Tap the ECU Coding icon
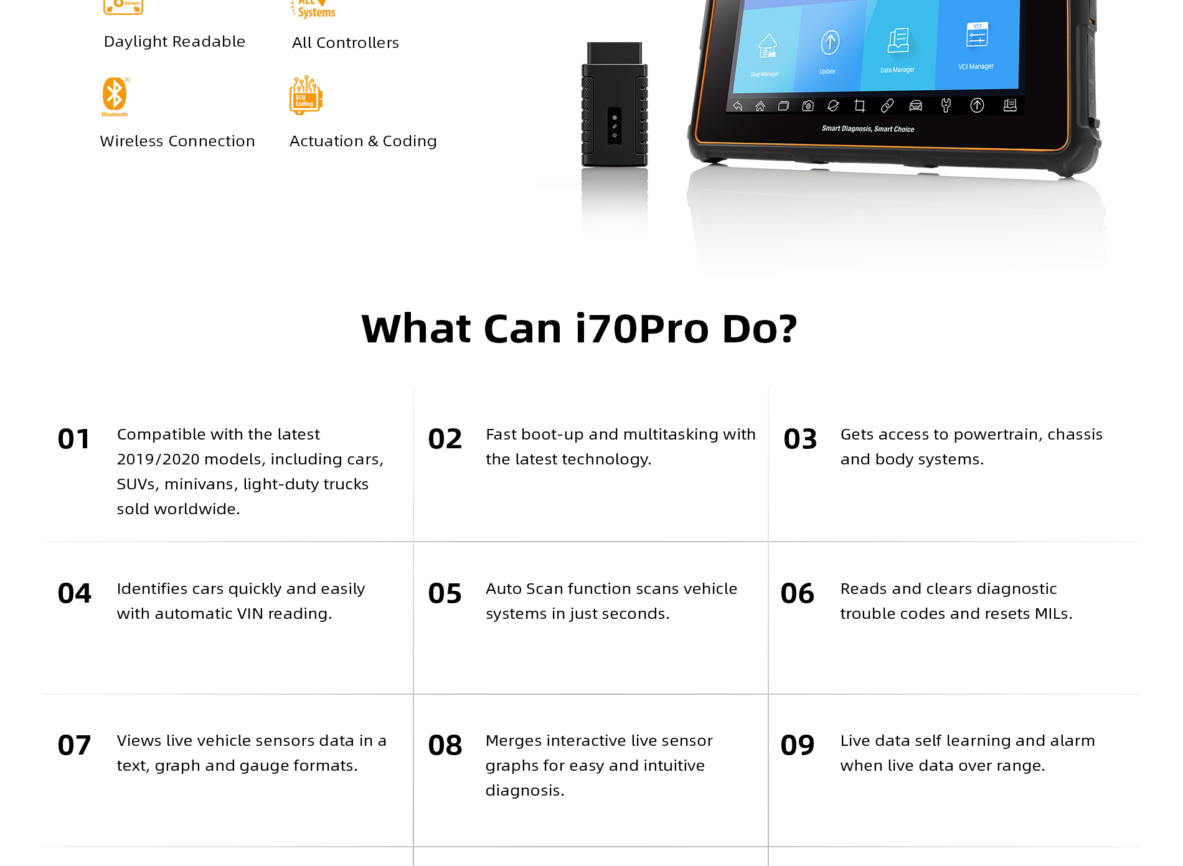[306, 95]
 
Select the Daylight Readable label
[174, 42]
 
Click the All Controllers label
[346, 42]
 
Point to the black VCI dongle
[615, 105]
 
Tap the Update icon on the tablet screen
[830, 43]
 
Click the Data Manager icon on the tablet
[898, 40]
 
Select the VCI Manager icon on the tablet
[977, 35]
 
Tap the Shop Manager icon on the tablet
[768, 46]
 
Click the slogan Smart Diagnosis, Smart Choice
[868, 129]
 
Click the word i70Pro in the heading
[642, 328]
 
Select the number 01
[74, 439]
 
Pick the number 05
[445, 593]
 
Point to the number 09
[798, 745]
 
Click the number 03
[800, 439]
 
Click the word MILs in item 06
[1053, 614]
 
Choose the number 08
[445, 745]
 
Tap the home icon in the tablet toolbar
[760, 106]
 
